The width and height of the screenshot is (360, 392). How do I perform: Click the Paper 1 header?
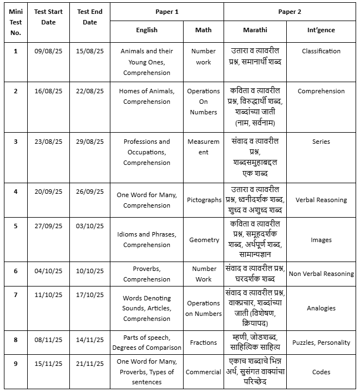click(x=166, y=11)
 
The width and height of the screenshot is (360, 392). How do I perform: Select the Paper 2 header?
click(x=290, y=11)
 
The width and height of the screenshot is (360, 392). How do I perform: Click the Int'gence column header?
click(x=321, y=30)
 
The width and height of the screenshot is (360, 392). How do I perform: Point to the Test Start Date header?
click(x=49, y=17)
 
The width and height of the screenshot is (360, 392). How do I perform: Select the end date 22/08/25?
click(x=90, y=91)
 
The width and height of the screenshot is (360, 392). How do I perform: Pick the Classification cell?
click(x=321, y=51)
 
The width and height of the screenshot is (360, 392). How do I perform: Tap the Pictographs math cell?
click(x=204, y=200)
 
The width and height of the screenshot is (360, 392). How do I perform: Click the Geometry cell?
click(x=204, y=240)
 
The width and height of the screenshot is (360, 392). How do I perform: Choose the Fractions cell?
click(x=204, y=343)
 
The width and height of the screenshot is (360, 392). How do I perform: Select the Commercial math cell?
click(x=204, y=372)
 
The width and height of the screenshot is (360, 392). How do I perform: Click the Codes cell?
click(x=321, y=372)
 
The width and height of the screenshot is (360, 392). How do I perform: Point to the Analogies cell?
click(x=321, y=308)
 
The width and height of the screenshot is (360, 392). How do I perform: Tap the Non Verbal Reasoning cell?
click(x=321, y=274)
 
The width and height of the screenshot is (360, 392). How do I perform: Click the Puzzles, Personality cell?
click(x=321, y=343)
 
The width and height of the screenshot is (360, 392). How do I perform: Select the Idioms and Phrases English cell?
click(x=147, y=239)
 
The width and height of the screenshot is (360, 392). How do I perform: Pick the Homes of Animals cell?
click(x=147, y=96)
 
